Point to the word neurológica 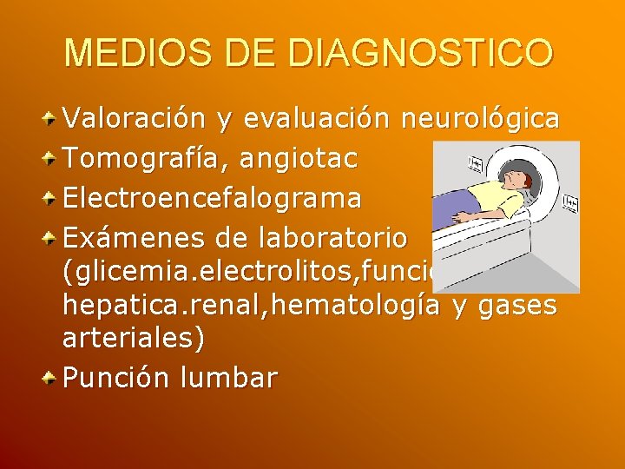pos(480,119)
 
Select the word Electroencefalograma pos(213,198)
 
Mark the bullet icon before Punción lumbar pos(52,377)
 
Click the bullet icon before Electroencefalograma pos(52,197)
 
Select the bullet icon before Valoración pos(52,118)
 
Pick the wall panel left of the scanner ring pos(476,164)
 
